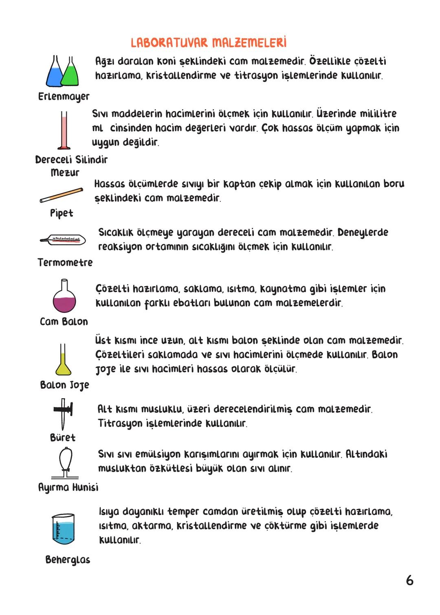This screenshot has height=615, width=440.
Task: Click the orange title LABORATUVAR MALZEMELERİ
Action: pyautogui.click(x=209, y=43)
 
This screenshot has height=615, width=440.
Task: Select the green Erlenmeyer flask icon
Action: pyautogui.click(x=70, y=74)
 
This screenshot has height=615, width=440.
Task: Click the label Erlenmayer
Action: pyautogui.click(x=64, y=97)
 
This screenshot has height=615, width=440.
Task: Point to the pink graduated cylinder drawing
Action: pyautogui.click(x=64, y=130)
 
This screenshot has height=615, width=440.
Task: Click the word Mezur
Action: pyautogui.click(x=65, y=172)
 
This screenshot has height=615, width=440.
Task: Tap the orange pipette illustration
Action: pyautogui.click(x=62, y=195)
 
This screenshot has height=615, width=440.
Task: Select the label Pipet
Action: pyautogui.click(x=62, y=213)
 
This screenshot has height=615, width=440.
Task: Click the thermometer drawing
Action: pyautogui.click(x=63, y=240)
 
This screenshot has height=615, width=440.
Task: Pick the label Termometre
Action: pyautogui.click(x=65, y=262)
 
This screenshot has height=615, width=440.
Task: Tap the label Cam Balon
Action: pyautogui.click(x=64, y=322)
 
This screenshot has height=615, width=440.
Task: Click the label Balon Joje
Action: pyautogui.click(x=64, y=385)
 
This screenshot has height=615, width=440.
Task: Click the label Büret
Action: pyautogui.click(x=63, y=437)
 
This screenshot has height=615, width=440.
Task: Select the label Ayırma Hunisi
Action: pyautogui.click(x=68, y=487)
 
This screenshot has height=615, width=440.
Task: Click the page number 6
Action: pyautogui.click(x=409, y=580)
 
